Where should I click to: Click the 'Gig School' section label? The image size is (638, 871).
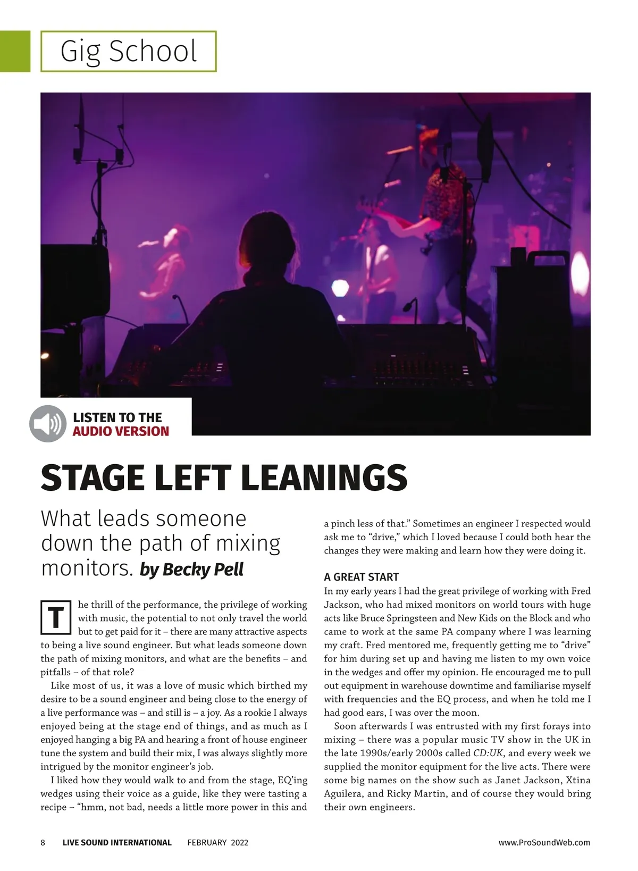129,51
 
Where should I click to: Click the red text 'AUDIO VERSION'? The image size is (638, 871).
121,431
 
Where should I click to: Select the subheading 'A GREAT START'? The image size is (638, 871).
361,577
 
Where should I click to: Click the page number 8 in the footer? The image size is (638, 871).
43,842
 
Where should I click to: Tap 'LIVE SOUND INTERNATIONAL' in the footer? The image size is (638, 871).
117,842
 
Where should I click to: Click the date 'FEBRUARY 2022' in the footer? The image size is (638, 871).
217,842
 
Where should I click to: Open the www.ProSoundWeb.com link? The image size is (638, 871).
544,842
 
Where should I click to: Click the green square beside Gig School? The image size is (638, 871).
15,51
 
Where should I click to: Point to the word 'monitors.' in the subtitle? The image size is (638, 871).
87,568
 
